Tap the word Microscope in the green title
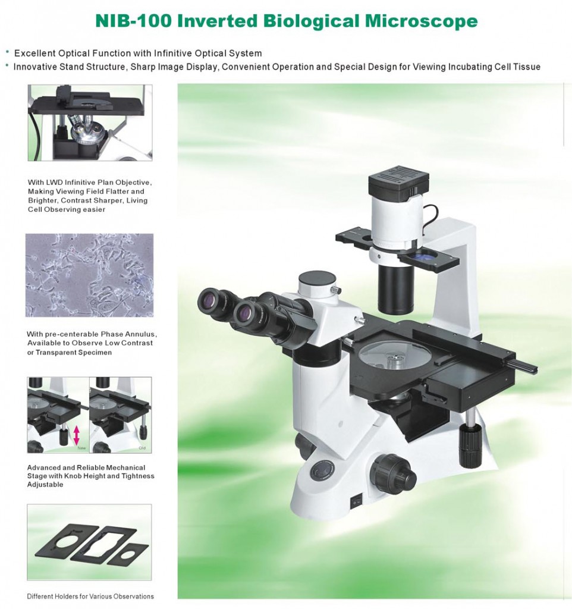(x=421, y=21)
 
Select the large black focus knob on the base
(x=393, y=473)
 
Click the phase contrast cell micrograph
(x=89, y=275)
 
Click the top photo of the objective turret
(x=90, y=123)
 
